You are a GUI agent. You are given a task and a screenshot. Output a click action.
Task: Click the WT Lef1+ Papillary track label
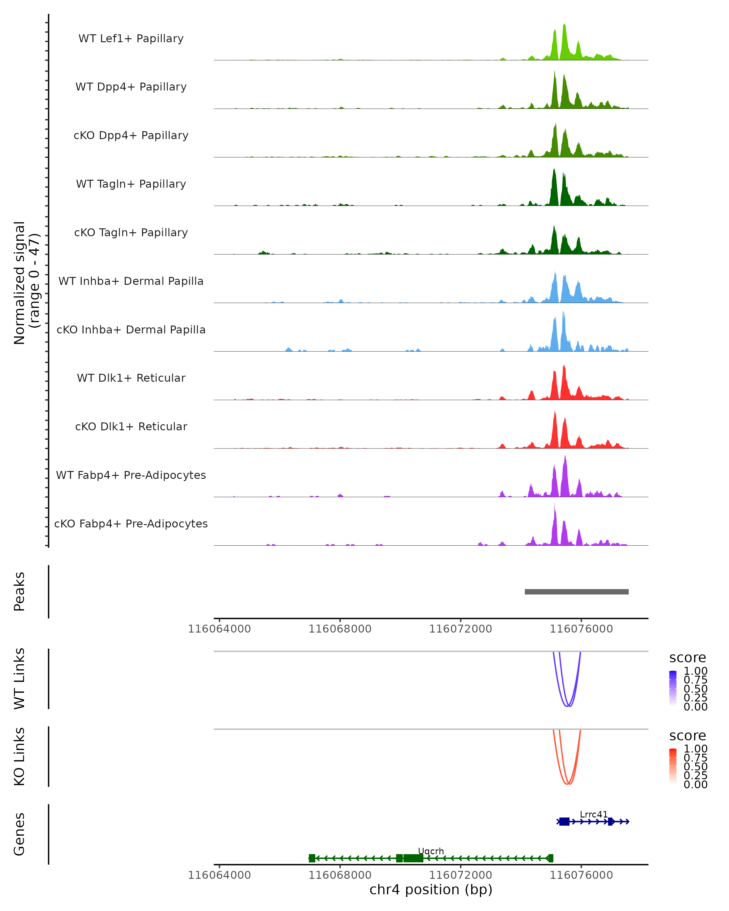tap(131, 39)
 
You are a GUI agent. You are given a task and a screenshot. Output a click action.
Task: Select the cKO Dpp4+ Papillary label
tap(131, 135)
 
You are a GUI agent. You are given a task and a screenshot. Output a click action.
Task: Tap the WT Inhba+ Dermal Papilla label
tap(131, 281)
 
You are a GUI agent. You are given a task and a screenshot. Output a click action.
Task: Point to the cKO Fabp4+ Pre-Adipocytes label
tap(131, 524)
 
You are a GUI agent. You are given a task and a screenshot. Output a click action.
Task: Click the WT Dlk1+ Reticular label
tap(131, 378)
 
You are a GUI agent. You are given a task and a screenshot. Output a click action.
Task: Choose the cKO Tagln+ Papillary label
tap(131, 232)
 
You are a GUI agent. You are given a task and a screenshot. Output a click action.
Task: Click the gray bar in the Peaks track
tap(577, 592)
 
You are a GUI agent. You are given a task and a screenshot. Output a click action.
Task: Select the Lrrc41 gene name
tap(593, 814)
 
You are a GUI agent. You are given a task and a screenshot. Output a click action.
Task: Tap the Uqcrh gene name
tap(431, 851)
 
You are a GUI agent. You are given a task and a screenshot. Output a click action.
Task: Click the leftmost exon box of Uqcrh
tap(312, 858)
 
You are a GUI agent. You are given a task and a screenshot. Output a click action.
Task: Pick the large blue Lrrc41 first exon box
tap(564, 821)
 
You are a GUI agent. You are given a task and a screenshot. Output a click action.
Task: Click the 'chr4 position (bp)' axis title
tap(431, 890)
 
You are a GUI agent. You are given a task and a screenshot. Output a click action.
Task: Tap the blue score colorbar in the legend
tap(673, 688)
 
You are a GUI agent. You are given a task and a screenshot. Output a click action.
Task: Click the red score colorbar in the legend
tap(673, 766)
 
